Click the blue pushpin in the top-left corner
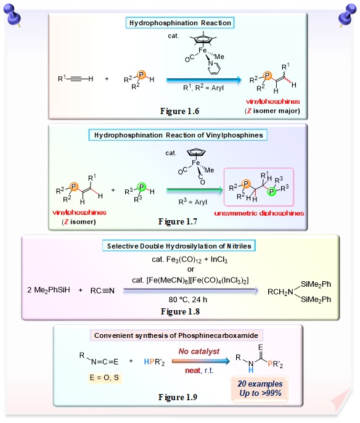(x=12, y=15)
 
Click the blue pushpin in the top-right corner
(x=347, y=15)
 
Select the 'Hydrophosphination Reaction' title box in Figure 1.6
(x=180, y=23)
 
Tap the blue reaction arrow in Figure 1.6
(x=204, y=80)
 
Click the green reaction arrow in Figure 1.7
(x=195, y=190)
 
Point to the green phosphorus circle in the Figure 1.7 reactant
(x=141, y=187)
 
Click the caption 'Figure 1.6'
(x=179, y=111)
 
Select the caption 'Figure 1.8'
(x=180, y=311)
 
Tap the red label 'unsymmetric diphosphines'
(x=259, y=213)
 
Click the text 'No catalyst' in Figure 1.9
(x=199, y=351)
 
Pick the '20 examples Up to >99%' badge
(x=260, y=388)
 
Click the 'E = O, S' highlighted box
(x=104, y=377)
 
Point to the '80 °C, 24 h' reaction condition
(x=187, y=300)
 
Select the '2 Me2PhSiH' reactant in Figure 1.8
(x=49, y=290)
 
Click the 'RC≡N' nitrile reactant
(x=102, y=290)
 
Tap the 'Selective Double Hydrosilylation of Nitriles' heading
(x=179, y=246)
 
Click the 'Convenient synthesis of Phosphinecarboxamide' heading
(x=176, y=335)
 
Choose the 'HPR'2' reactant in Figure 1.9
(x=154, y=362)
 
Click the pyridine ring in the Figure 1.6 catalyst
(x=214, y=68)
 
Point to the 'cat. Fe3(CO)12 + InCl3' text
(x=190, y=260)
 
